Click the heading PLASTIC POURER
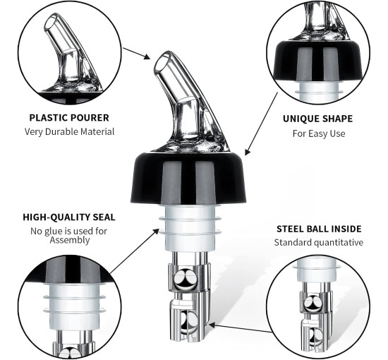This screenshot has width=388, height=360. tap(69, 118)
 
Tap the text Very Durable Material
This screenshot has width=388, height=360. tap(69, 131)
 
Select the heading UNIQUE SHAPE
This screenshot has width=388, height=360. tap(317, 119)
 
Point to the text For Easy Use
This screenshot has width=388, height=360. tap(319, 133)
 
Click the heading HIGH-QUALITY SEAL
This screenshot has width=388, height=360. tap(69, 217)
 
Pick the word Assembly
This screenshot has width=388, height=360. tap(70, 240)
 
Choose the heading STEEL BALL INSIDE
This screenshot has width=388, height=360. tap(319, 229)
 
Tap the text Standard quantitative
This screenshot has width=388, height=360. tap(319, 242)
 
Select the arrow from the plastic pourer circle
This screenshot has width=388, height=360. tap(137, 54)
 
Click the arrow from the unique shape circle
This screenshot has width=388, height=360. tap(261, 124)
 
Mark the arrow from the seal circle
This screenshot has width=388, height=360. tap(134, 251)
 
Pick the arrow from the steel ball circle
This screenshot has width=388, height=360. tap(239, 328)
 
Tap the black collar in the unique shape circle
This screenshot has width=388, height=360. tap(318, 61)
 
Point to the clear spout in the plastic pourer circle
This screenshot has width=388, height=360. tap(69, 53)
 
